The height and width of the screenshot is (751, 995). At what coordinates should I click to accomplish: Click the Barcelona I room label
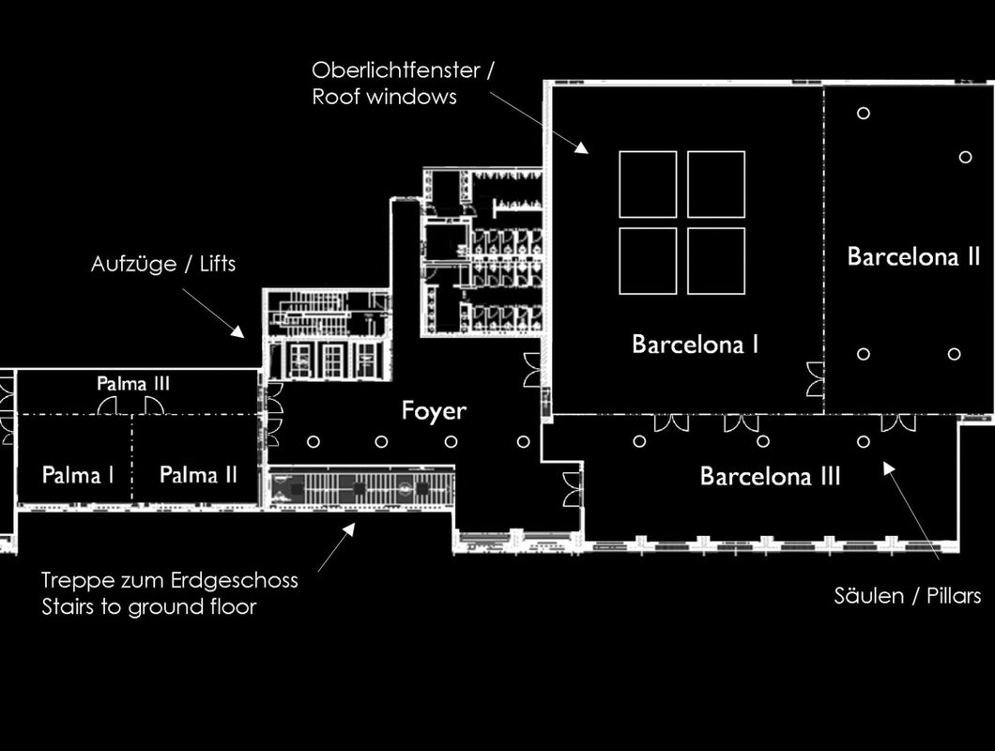[x=695, y=345]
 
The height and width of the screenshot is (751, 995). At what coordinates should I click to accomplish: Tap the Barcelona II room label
[x=913, y=256]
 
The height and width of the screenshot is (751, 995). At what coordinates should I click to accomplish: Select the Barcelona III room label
[x=770, y=476]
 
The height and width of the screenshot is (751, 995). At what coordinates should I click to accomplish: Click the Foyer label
[x=434, y=411]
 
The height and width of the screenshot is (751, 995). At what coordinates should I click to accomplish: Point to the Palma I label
[x=77, y=475]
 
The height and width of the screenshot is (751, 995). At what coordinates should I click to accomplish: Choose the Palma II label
[x=198, y=474]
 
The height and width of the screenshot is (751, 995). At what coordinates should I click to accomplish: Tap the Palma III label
[x=133, y=383]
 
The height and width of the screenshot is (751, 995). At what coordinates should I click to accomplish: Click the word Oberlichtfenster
[x=396, y=69]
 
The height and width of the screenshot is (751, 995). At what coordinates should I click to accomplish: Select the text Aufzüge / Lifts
[x=163, y=264]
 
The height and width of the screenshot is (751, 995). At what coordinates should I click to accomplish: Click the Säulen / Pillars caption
[x=908, y=595]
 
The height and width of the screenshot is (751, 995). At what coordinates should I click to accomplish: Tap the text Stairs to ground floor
[x=149, y=606]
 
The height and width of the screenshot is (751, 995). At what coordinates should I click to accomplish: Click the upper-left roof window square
[x=648, y=184]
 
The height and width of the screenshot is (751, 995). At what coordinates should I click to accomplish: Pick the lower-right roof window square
[x=716, y=261]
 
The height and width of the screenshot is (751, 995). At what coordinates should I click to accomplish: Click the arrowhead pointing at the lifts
[x=238, y=332]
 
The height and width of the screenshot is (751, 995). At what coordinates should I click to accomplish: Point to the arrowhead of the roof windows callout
[x=582, y=148]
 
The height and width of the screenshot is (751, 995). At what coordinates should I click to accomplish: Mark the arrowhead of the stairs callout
[x=348, y=529]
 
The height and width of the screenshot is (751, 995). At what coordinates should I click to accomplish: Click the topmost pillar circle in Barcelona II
[x=863, y=113]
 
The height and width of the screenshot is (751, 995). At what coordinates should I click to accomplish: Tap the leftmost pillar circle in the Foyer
[x=314, y=441]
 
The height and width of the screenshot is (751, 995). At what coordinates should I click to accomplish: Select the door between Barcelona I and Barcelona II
[x=815, y=379]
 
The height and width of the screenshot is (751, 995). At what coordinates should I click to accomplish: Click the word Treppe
[x=72, y=581]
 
